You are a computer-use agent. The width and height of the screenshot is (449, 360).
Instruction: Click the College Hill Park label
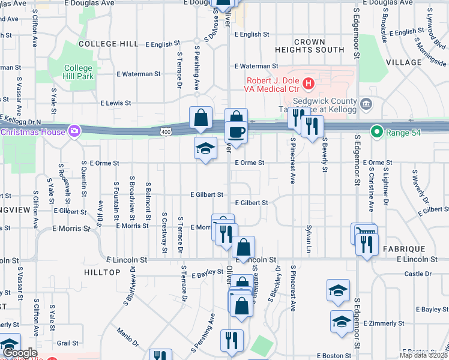[78, 72]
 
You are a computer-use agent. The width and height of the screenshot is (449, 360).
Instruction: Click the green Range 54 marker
[376, 131]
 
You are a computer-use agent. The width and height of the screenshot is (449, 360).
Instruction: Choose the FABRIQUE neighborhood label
[405, 248]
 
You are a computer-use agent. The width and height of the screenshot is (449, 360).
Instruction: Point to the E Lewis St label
[116, 103]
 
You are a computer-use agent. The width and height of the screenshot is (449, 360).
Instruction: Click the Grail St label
[68, 343]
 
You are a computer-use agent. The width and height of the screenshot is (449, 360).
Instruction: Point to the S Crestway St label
[163, 231]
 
